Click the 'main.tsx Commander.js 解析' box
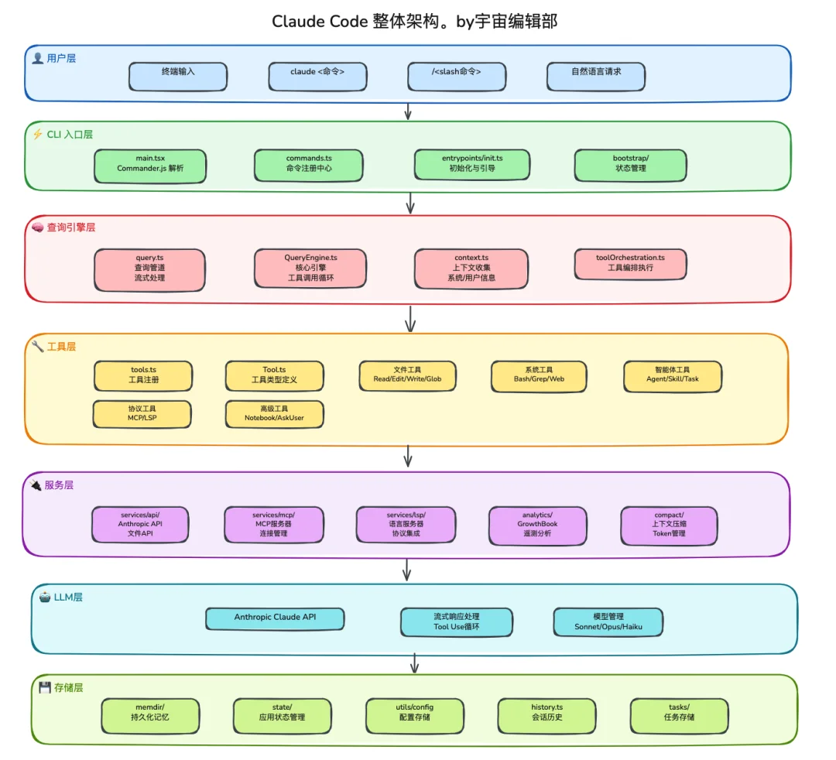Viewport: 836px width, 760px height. (x=150, y=166)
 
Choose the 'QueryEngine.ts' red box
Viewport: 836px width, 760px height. (x=310, y=269)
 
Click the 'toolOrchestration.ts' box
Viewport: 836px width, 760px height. (x=630, y=263)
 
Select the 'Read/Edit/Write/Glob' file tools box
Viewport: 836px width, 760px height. (x=407, y=375)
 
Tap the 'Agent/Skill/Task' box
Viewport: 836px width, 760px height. (x=672, y=376)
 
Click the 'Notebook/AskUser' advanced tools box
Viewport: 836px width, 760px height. (x=274, y=414)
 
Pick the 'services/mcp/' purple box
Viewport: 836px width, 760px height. (x=273, y=525)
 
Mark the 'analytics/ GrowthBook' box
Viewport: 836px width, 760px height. (x=537, y=525)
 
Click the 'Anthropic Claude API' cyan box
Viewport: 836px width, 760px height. (x=275, y=618)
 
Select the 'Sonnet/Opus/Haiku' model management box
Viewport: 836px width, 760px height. (x=608, y=622)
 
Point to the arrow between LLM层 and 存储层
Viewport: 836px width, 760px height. (x=415, y=663)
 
